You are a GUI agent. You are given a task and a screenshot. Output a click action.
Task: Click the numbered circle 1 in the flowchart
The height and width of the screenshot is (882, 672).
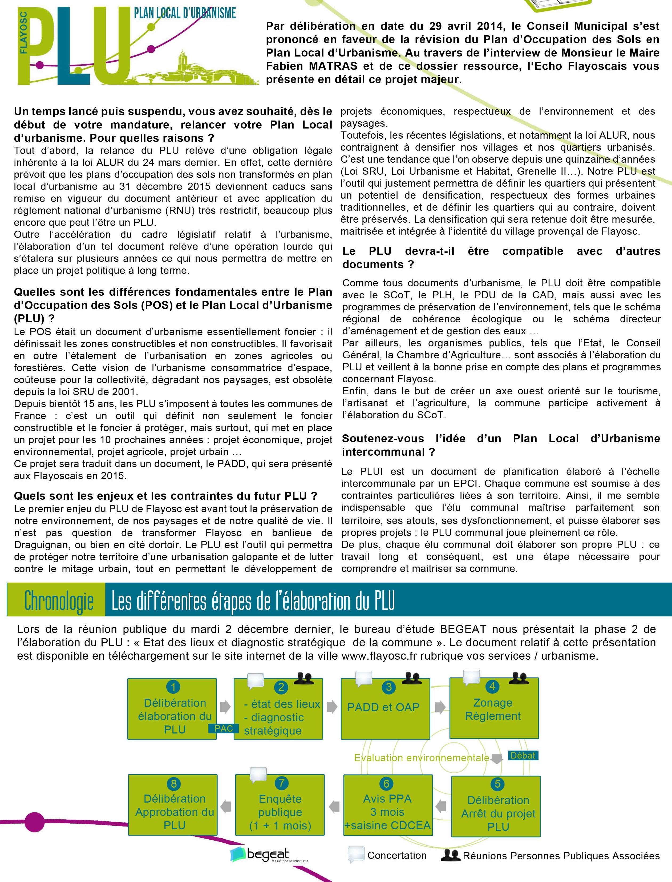[173, 687]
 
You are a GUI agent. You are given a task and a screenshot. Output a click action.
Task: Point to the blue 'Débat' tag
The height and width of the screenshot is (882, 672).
[523, 756]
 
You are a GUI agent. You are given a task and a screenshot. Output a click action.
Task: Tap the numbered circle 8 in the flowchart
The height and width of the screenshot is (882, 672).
[174, 784]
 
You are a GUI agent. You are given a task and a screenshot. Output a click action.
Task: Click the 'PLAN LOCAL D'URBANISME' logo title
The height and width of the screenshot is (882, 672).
[185, 13]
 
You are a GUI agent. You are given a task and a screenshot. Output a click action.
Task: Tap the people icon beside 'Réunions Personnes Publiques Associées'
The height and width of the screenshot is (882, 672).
[450, 855]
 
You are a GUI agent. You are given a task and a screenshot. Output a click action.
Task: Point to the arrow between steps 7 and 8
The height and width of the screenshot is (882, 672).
[226, 805]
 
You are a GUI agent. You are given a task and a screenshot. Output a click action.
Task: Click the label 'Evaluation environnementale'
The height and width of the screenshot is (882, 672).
[422, 757]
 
